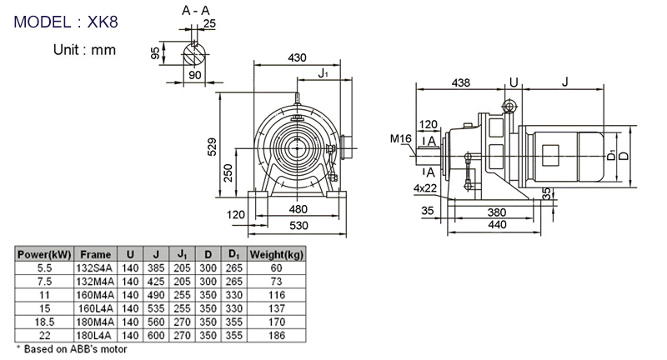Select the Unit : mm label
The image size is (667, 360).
point(83,49)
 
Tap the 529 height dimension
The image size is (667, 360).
point(213,147)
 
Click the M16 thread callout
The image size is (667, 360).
point(399,138)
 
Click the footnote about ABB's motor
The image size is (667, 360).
point(73,349)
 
